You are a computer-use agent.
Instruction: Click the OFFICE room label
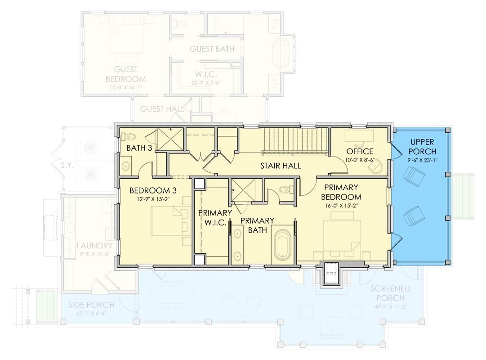tap(359, 151)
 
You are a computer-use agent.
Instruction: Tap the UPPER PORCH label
tap(422, 147)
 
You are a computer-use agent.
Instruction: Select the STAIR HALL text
tap(280, 166)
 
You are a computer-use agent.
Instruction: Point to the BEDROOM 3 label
tap(149, 190)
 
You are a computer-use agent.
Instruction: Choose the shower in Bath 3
tap(169, 139)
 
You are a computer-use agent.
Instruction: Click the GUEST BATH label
tap(212, 49)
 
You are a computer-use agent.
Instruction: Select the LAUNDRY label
tap(94, 246)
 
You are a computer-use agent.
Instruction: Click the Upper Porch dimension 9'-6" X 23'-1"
tap(422, 159)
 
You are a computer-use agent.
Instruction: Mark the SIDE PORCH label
tap(91, 305)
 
